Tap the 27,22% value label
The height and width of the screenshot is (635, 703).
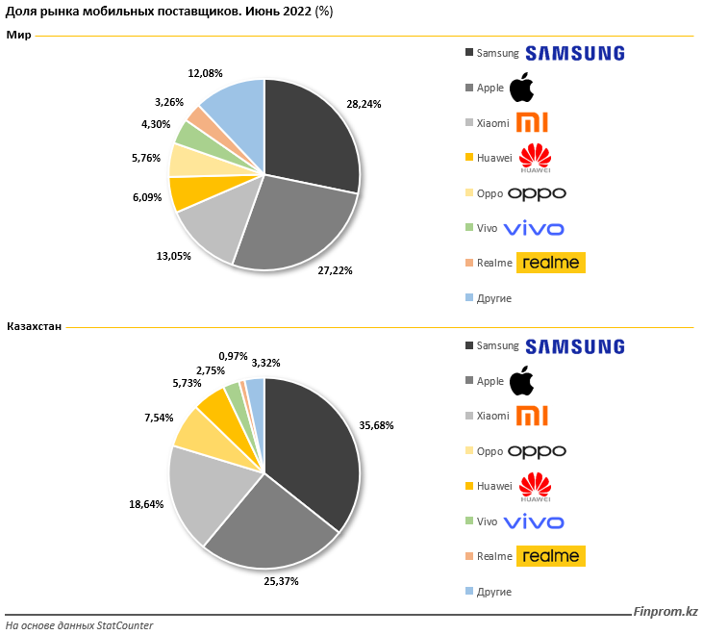click(335, 271)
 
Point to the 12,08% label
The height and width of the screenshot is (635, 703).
click(205, 72)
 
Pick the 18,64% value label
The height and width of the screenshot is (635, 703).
click(145, 503)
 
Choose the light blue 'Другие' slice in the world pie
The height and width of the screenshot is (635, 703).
click(236, 111)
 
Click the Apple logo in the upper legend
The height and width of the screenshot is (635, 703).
click(520, 88)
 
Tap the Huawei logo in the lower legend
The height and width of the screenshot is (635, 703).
click(534, 487)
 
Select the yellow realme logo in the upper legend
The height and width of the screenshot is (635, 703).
click(550, 263)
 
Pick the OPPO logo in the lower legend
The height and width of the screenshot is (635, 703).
click(537, 451)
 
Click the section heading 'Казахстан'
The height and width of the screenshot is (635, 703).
click(34, 327)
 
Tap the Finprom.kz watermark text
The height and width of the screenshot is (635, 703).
click(665, 612)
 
